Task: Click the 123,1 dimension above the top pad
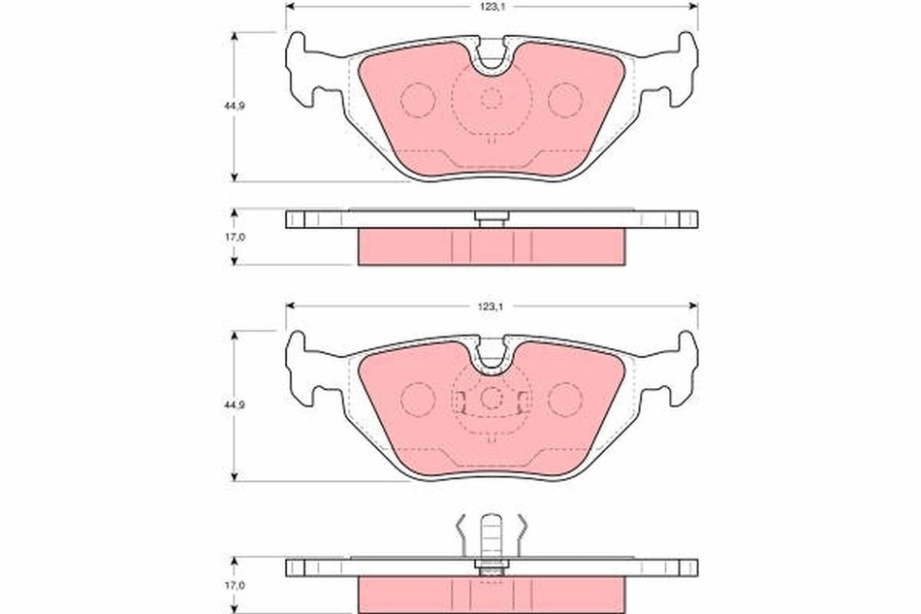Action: (492, 6)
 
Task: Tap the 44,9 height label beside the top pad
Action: (209, 105)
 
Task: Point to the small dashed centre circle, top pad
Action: (492, 98)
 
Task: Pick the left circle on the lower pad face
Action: (419, 399)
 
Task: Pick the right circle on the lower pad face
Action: (564, 399)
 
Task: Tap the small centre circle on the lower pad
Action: (492, 398)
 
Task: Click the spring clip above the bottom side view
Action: (492, 534)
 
